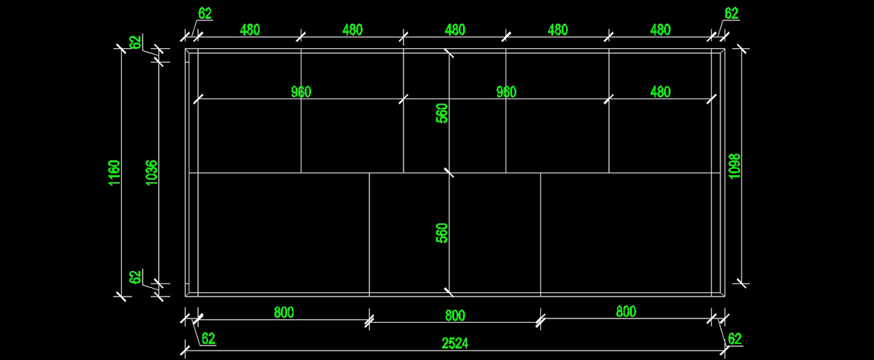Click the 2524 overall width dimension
click(454, 343)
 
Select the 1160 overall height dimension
click(114, 173)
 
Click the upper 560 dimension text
click(442, 113)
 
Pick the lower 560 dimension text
click(442, 233)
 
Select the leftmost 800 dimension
click(284, 313)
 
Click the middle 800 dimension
click(454, 316)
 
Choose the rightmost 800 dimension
click(626, 312)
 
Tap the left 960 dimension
click(301, 92)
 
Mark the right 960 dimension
click(505, 92)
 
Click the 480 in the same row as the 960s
click(660, 92)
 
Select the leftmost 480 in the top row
click(250, 30)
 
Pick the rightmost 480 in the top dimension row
click(660, 30)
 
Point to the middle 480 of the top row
click(454, 30)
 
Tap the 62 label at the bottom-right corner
click(734, 338)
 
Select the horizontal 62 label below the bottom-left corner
click(208, 338)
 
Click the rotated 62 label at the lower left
click(135, 278)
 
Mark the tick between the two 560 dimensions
click(449, 173)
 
